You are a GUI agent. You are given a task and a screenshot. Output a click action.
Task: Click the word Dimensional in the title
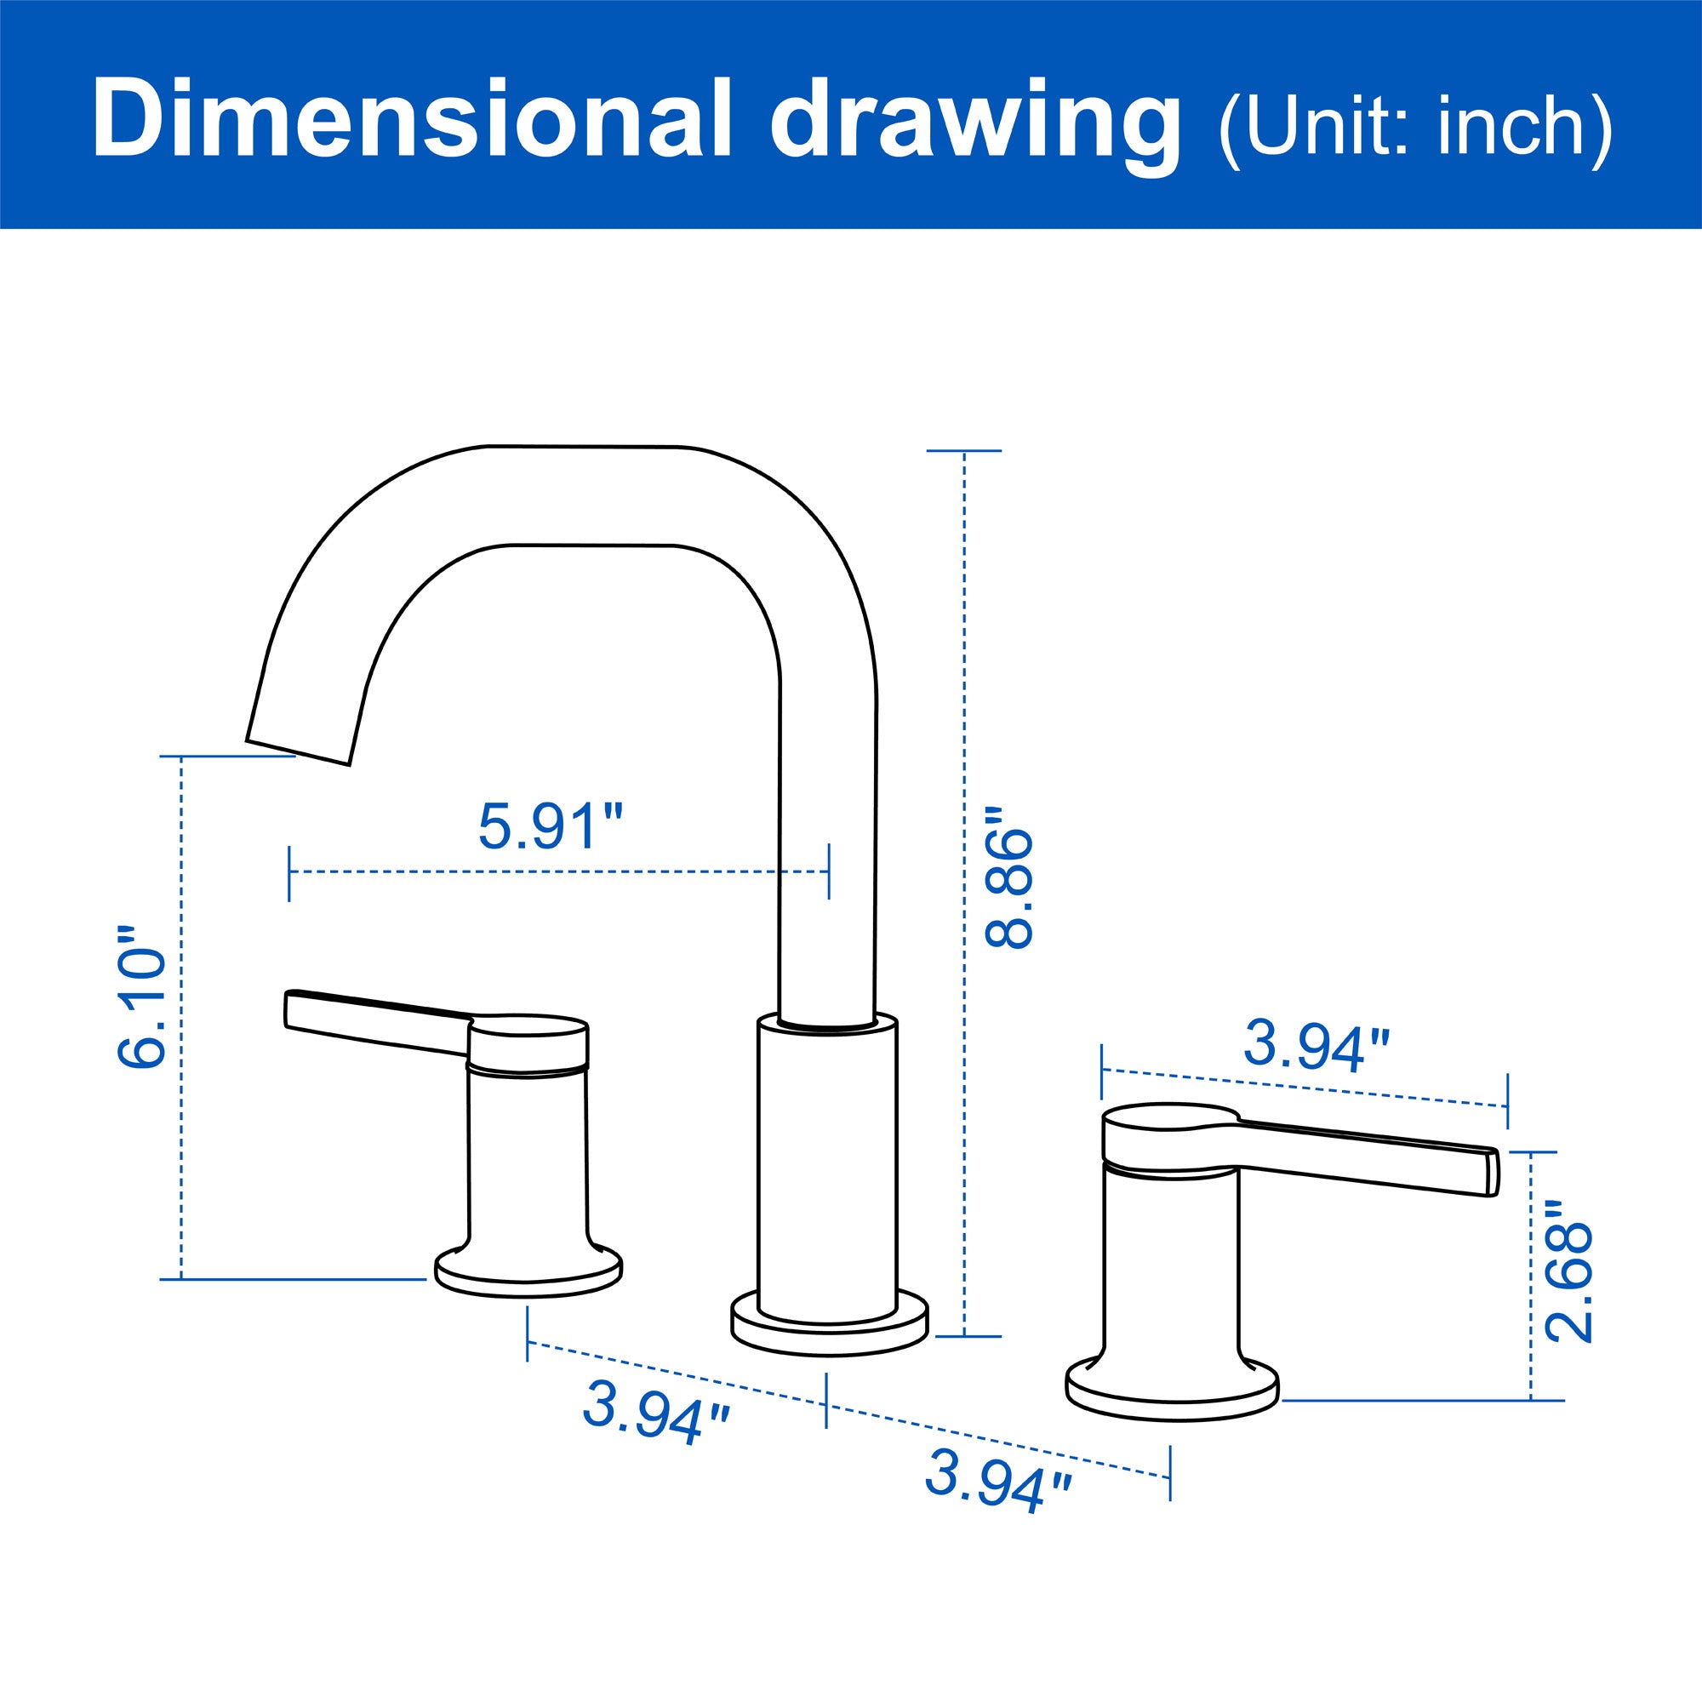pos(412,120)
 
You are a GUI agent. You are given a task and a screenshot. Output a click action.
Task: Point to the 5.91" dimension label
pos(551,826)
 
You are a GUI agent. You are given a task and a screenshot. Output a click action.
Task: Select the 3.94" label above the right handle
pos(1316,1047)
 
